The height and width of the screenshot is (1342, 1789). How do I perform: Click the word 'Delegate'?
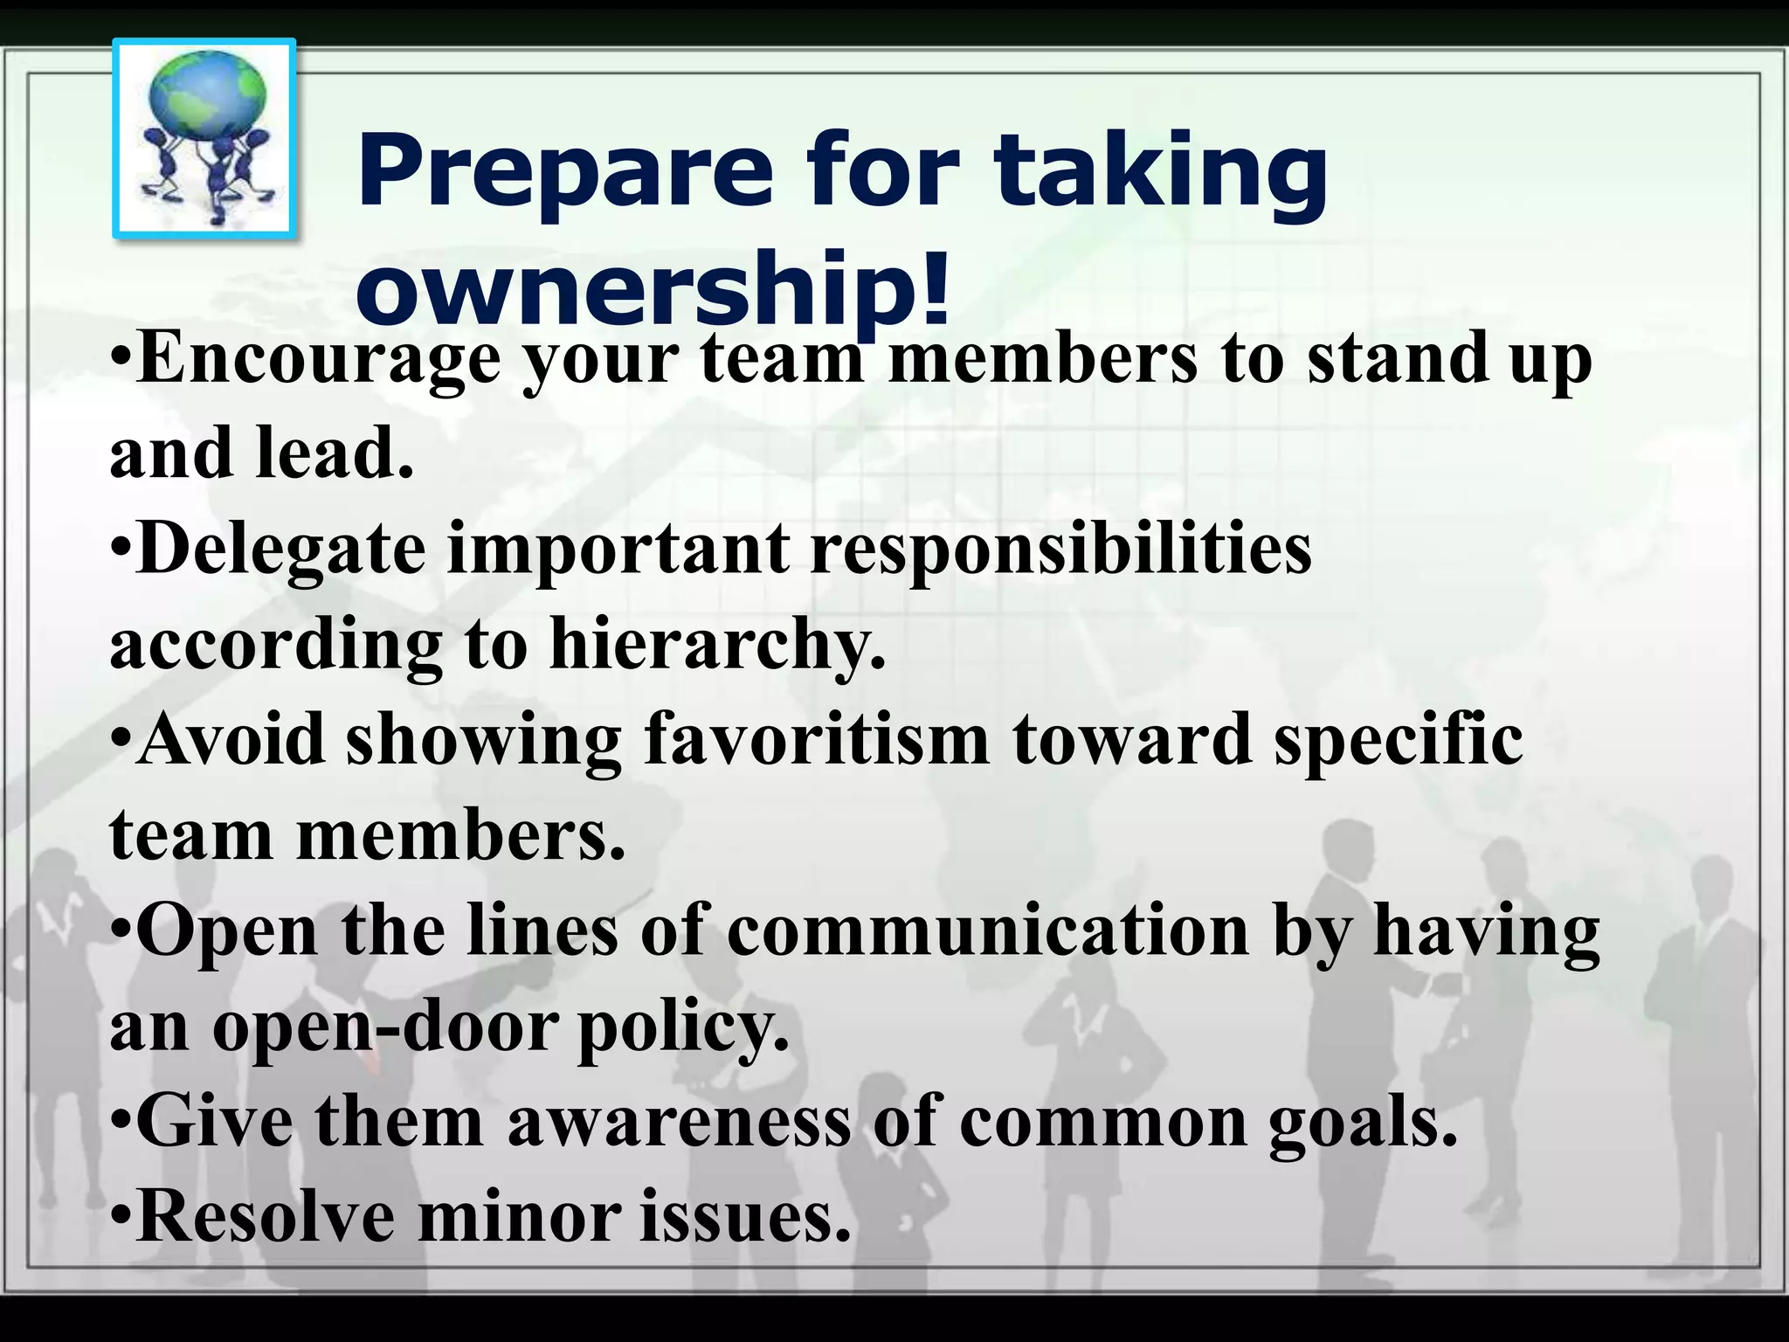(x=281, y=550)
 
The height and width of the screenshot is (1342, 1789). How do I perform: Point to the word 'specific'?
(x=1398, y=741)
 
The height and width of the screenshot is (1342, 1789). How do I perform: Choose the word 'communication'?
(x=987, y=930)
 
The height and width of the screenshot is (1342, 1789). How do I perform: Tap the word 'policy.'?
(x=683, y=1028)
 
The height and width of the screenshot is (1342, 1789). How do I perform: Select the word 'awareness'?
(x=678, y=1122)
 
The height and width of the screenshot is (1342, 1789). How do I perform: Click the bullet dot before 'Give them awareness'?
(x=121, y=1123)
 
